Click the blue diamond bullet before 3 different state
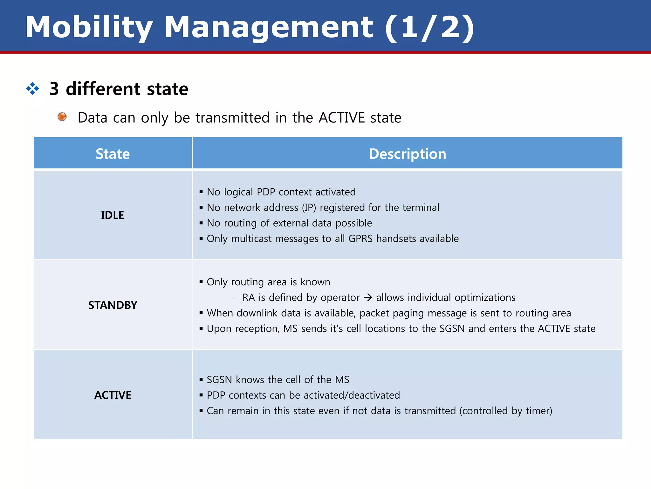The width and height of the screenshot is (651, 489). point(32,89)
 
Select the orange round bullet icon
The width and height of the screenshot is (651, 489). point(62,117)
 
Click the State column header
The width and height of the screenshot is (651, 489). point(113,154)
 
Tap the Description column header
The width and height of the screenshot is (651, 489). point(407,154)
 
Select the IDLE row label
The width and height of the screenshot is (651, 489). point(113,215)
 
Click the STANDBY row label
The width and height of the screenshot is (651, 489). point(113,305)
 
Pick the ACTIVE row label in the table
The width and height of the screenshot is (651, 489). point(113,395)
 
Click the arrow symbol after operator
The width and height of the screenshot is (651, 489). point(368,298)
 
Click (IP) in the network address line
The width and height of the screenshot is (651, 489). point(309,208)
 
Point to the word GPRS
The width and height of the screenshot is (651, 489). point(360,239)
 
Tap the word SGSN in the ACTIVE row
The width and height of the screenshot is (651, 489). point(219,380)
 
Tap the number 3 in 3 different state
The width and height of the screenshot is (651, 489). point(54,89)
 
